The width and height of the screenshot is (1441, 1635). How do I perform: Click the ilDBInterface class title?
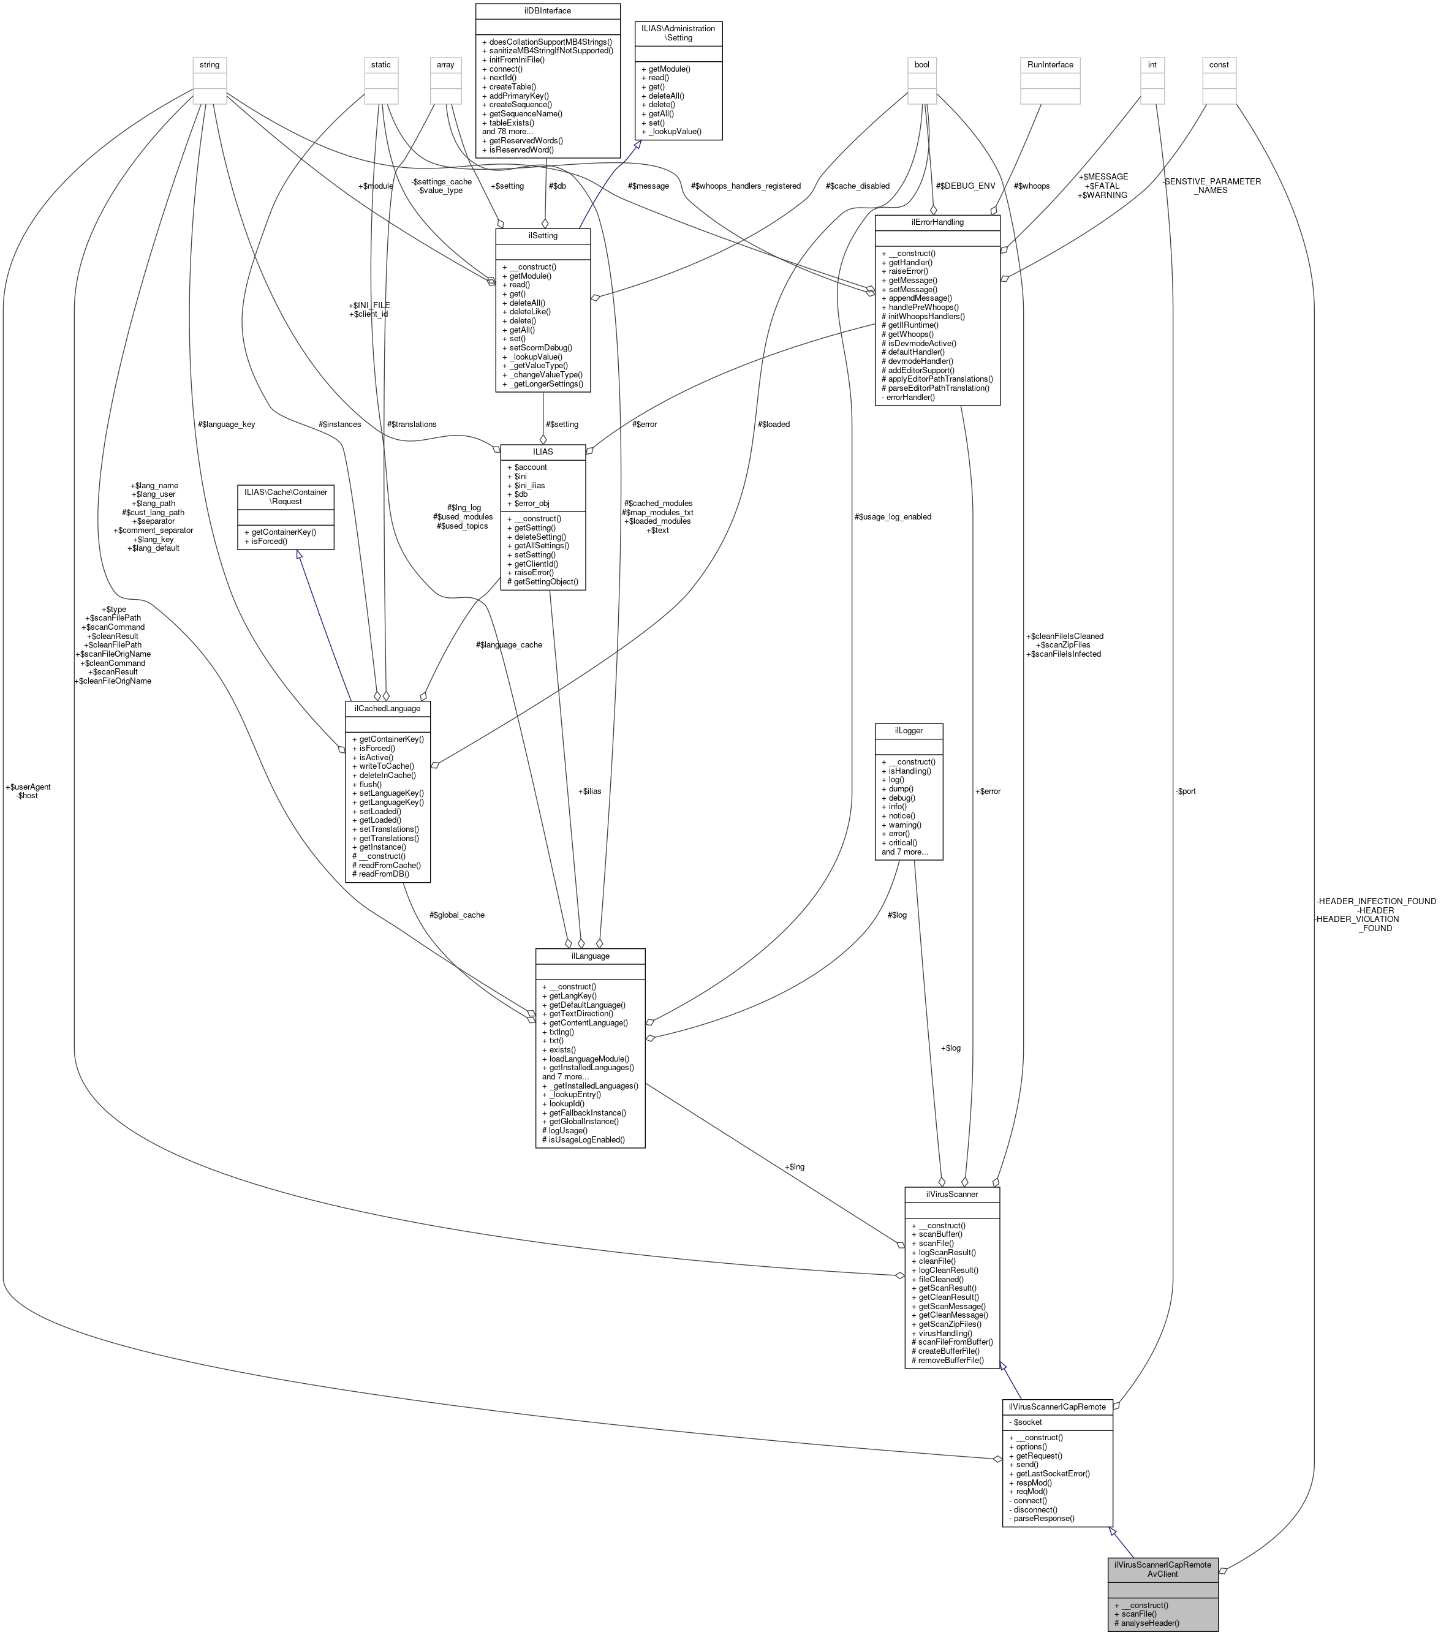click(547, 11)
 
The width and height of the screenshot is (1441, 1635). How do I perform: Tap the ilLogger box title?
click(908, 731)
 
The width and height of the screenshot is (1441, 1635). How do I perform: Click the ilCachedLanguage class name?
click(388, 709)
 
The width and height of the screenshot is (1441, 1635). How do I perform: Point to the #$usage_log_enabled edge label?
click(892, 517)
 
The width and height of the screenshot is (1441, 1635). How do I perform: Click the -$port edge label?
click(1185, 791)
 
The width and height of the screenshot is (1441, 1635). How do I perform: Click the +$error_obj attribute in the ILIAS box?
click(528, 503)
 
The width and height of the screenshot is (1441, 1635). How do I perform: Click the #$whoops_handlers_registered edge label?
click(745, 186)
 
